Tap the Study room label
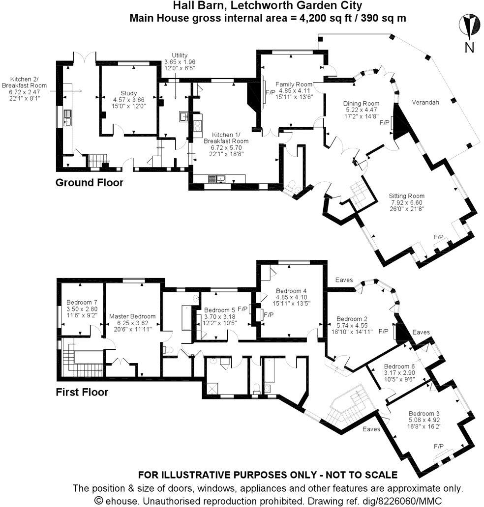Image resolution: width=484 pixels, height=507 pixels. click(x=128, y=93)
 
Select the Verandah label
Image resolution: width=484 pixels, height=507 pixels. click(x=425, y=102)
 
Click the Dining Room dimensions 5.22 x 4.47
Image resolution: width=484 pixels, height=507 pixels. click(x=361, y=111)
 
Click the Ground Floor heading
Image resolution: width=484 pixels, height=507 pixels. click(x=89, y=183)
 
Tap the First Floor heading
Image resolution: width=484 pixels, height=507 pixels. click(x=82, y=392)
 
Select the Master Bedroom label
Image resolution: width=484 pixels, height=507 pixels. click(x=132, y=316)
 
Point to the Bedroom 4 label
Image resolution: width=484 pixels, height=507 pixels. click(x=292, y=290)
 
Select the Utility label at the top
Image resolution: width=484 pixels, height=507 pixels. click(x=180, y=56)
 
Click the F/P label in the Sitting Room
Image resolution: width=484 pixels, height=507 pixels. click(x=438, y=237)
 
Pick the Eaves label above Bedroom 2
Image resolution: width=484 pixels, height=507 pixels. click(x=344, y=280)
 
